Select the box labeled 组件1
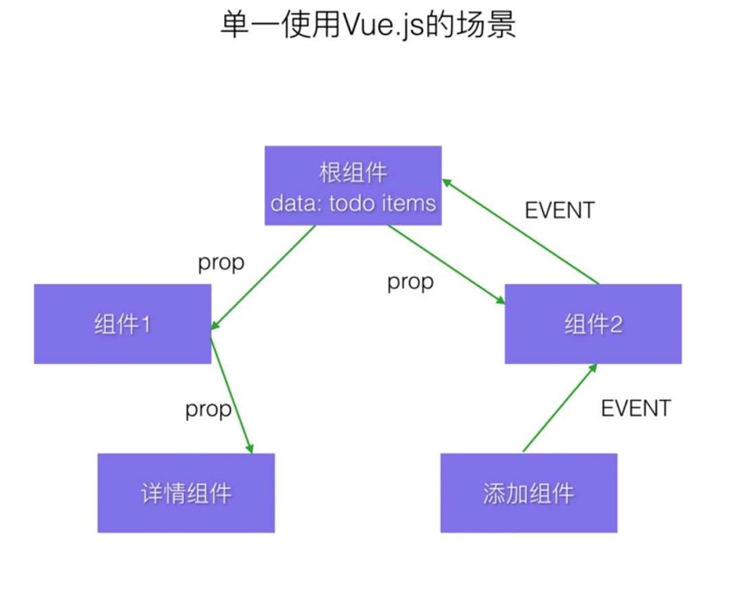tap(122, 324)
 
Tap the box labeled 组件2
tap(593, 324)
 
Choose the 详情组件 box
tap(186, 493)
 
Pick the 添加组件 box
tap(528, 493)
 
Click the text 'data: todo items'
tap(353, 202)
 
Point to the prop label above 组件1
tap(221, 263)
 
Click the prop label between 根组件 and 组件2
tap(410, 282)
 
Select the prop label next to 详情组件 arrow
tap(208, 408)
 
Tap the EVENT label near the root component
tap(559, 210)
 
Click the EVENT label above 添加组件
tap(636, 408)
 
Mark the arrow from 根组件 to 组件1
tap(263, 278)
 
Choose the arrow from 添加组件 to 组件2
tap(559, 408)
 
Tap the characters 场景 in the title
tap(492, 25)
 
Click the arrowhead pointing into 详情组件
tap(249, 447)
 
